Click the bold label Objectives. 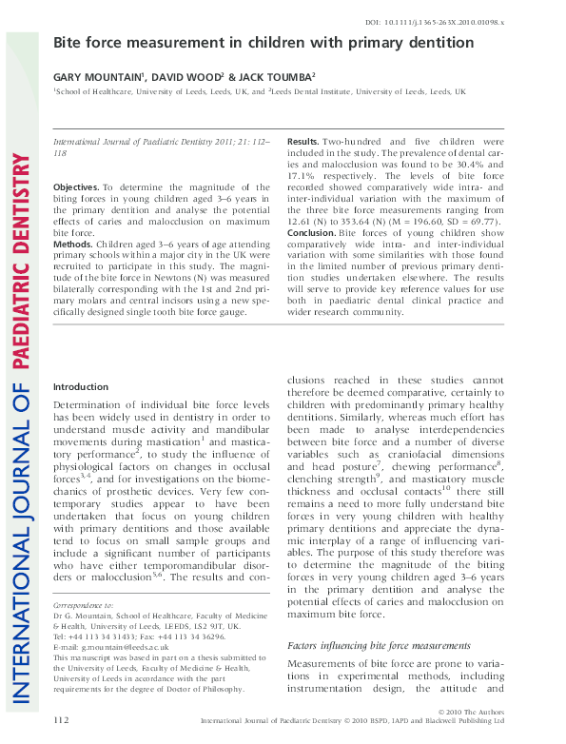tap(75, 188)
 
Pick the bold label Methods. tap(72, 244)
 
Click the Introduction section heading tap(81, 386)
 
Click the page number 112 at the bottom tap(62, 719)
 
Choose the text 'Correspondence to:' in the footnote tap(83, 605)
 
